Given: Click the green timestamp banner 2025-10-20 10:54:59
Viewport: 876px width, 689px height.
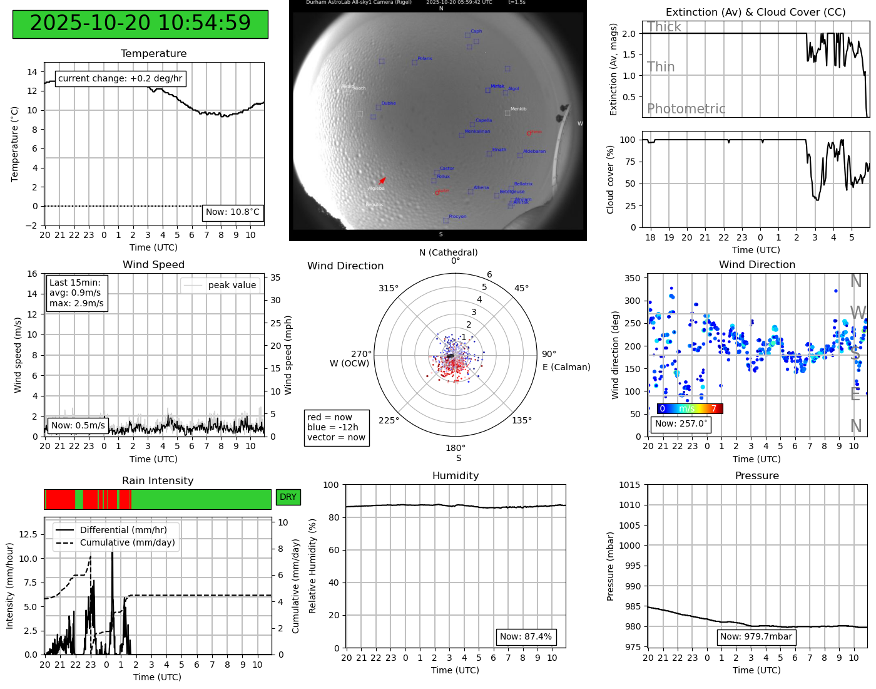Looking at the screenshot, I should click(x=140, y=24).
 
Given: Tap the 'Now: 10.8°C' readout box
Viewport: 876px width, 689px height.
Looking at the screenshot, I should click(x=233, y=212).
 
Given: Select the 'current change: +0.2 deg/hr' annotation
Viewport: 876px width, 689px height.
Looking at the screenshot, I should click(x=120, y=78).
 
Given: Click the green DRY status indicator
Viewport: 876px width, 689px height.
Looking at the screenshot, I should click(x=288, y=497).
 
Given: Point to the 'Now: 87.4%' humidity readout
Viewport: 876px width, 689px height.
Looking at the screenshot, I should click(x=526, y=637).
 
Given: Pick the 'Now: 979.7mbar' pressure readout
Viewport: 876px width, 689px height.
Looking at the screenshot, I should click(x=756, y=637).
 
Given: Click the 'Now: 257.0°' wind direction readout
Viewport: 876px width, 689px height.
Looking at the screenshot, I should click(x=681, y=424).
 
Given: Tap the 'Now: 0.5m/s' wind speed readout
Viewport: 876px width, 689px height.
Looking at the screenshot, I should click(x=78, y=426).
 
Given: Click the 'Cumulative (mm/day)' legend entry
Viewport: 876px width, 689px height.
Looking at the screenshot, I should click(x=127, y=543).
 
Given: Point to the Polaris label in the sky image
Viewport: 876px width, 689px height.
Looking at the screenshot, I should click(x=425, y=59).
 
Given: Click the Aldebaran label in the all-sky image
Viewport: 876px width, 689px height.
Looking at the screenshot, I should click(x=534, y=152).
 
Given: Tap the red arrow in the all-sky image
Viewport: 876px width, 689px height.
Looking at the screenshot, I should click(x=382, y=181).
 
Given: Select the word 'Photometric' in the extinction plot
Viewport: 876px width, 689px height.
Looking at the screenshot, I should click(x=686, y=109).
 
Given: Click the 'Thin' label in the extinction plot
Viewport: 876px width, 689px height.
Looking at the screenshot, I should click(x=661, y=67).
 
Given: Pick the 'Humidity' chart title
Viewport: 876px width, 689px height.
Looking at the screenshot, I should click(x=455, y=476).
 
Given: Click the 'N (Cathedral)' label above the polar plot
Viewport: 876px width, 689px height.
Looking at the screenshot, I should click(x=448, y=252).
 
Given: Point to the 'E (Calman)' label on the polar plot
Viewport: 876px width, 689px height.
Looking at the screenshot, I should click(x=566, y=367).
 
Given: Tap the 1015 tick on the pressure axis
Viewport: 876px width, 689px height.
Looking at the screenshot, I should click(x=629, y=485).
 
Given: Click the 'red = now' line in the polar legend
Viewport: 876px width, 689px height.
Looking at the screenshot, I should click(x=330, y=417).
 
